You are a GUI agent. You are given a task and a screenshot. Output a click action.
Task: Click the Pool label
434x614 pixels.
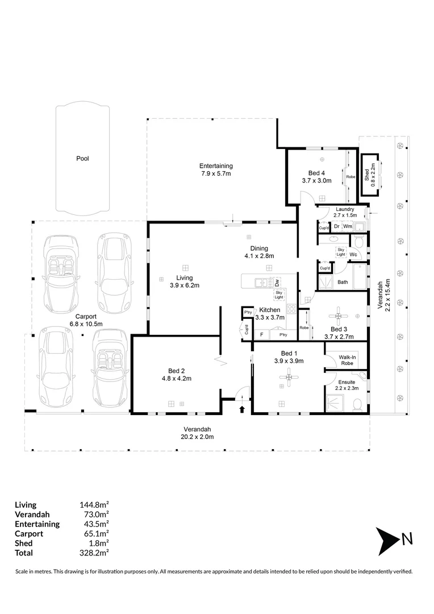click(x=82, y=159)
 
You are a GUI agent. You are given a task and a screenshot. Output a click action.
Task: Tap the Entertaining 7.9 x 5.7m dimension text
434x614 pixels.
click(x=216, y=173)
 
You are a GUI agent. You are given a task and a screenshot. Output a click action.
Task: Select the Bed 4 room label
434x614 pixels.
click(x=316, y=173)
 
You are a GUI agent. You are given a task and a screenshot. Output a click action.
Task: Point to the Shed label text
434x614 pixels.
click(x=367, y=175)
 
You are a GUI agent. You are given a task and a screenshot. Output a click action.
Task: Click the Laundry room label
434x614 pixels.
click(x=345, y=209)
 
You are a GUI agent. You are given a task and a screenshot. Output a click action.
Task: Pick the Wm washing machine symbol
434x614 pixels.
click(x=348, y=226)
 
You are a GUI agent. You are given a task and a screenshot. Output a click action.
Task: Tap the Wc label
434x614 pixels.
click(x=353, y=255)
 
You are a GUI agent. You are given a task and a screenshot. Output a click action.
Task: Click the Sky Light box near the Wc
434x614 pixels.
click(x=341, y=252)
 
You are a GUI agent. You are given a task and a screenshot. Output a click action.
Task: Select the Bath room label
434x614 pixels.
click(x=343, y=282)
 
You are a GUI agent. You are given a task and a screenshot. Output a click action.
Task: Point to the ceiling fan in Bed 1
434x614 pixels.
click(x=289, y=377)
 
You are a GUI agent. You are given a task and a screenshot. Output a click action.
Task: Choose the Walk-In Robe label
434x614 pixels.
click(x=347, y=360)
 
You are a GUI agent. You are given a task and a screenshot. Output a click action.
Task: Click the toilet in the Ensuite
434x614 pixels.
click(x=357, y=405)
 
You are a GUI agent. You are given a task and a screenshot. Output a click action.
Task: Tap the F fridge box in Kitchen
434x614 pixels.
click(x=262, y=335)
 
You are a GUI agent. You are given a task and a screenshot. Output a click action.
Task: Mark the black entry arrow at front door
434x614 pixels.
click(x=242, y=409)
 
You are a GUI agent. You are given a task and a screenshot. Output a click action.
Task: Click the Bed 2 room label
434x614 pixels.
click(x=177, y=371)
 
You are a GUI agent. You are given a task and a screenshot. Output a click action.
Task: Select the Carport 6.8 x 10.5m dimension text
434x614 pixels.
click(x=86, y=324)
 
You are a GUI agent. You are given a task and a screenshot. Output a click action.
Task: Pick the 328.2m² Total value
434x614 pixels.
click(x=94, y=553)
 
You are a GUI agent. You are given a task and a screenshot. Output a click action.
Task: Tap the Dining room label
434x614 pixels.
click(x=259, y=248)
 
